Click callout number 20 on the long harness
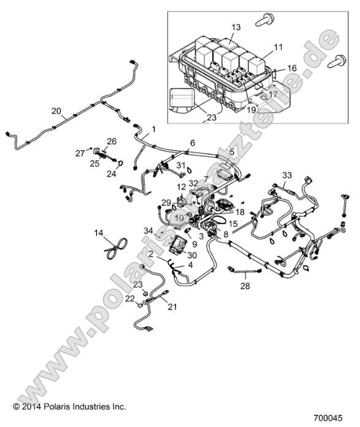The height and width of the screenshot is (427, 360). coord(56,111)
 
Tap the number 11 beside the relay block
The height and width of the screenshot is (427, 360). coord(278,47)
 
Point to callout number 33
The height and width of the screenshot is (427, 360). coord(286,175)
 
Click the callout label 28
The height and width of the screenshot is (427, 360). coord(246,286)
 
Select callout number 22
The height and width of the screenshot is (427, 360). coord(129,298)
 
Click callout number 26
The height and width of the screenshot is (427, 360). coord(112,141)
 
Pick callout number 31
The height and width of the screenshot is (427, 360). coord(180,165)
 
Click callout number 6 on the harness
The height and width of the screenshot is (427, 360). coord(192,142)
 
